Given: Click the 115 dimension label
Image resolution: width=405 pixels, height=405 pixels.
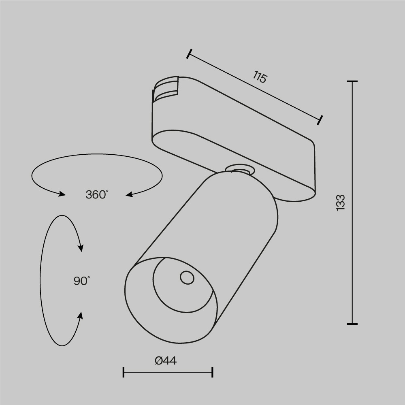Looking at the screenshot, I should point(260,77).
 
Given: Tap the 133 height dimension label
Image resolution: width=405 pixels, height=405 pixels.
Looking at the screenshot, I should point(341,202).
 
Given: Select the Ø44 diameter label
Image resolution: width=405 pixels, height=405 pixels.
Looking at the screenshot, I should point(166,360).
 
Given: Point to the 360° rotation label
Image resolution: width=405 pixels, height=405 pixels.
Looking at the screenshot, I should point(97,194).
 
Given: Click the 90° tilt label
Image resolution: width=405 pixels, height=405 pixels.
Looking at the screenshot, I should point(82,281).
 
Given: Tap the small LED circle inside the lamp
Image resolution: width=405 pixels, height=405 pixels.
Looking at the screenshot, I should point(187,277).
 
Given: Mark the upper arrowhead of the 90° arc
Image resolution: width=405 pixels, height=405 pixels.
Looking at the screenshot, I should point(81,247).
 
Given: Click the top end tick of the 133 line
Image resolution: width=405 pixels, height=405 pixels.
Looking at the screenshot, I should point(352,81).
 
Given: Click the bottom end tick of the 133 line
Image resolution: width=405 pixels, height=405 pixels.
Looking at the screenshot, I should point(352,324).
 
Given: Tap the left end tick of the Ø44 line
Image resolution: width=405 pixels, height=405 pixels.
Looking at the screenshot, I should point(124,372).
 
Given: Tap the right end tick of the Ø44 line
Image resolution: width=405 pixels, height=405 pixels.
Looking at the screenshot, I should point(213,372).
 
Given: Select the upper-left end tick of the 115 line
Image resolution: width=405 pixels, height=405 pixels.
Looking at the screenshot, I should point(189,54).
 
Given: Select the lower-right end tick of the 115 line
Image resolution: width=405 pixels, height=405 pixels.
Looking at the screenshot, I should point(321,120).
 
